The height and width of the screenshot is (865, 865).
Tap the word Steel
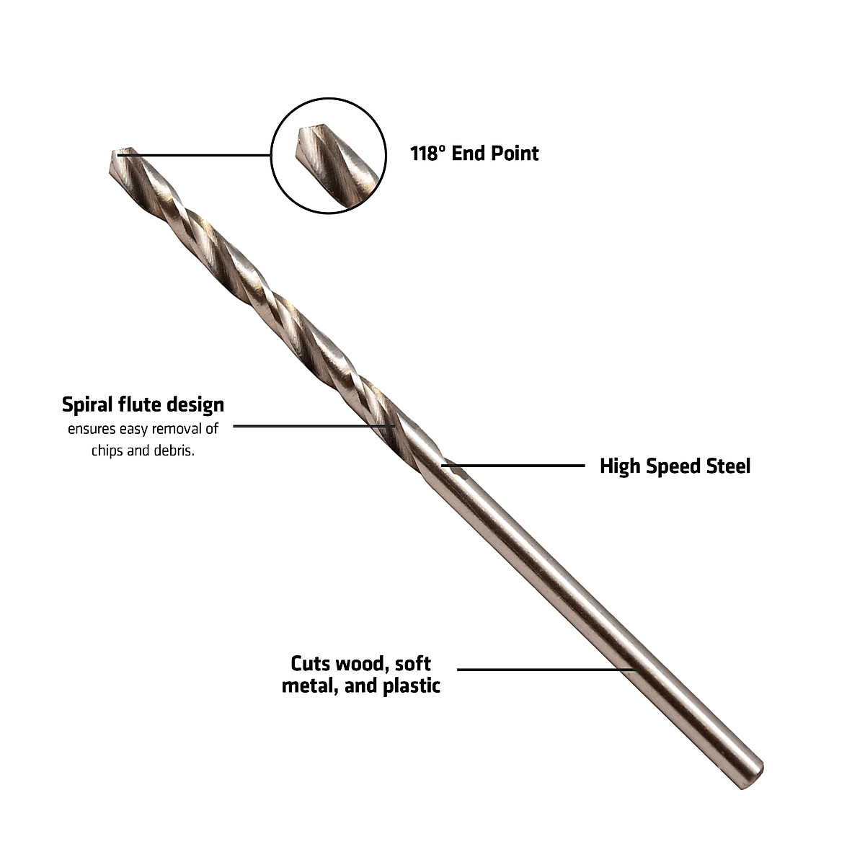tap(727, 466)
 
